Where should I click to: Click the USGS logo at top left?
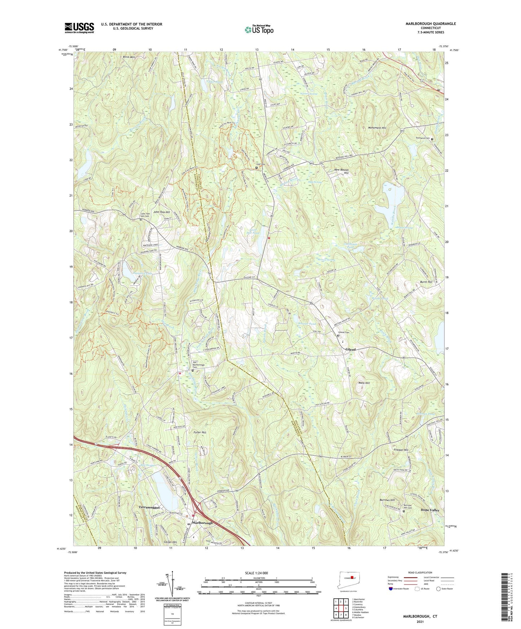(79, 28)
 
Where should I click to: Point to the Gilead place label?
(350, 349)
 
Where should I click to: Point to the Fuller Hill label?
(199, 432)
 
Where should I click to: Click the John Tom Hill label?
(162, 212)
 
